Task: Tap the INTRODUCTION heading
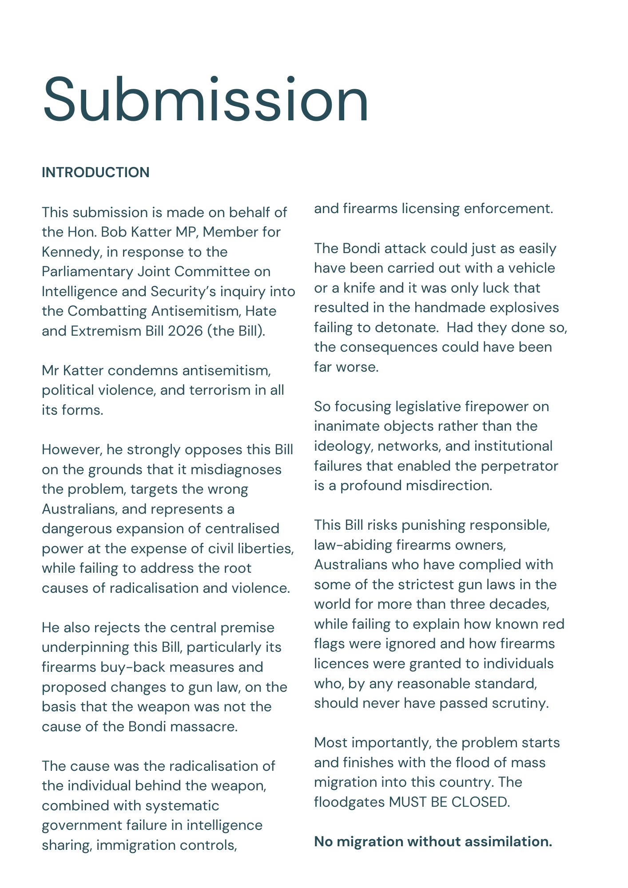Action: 95,172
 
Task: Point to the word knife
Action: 359,288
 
